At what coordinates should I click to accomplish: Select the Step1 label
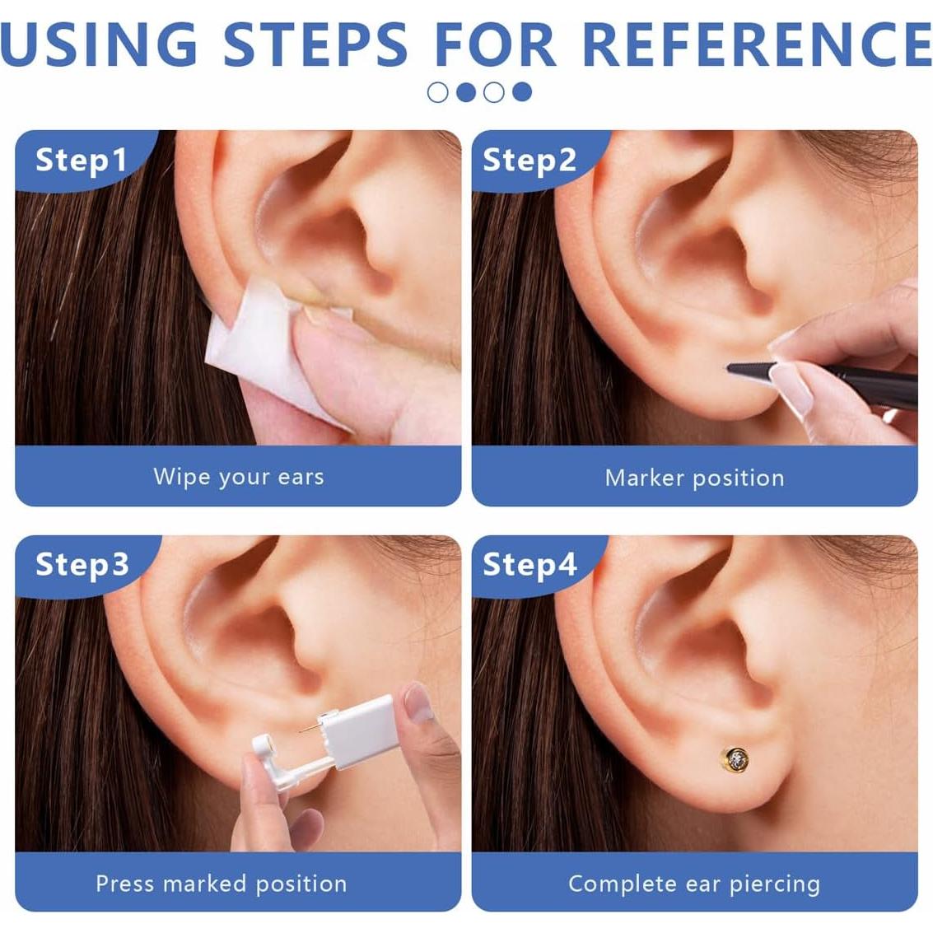click(81, 160)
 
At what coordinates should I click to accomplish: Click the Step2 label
click(529, 160)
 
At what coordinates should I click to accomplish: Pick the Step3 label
click(82, 565)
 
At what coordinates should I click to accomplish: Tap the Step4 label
click(529, 565)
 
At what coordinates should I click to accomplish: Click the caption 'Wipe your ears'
click(238, 477)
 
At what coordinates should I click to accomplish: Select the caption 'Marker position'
click(694, 478)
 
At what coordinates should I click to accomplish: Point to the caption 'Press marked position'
click(221, 884)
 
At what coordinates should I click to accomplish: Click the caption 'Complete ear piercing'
click(694, 884)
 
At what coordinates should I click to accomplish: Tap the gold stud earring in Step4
click(735, 758)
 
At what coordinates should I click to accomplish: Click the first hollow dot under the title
click(438, 92)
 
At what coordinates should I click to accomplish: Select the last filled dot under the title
click(522, 92)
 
